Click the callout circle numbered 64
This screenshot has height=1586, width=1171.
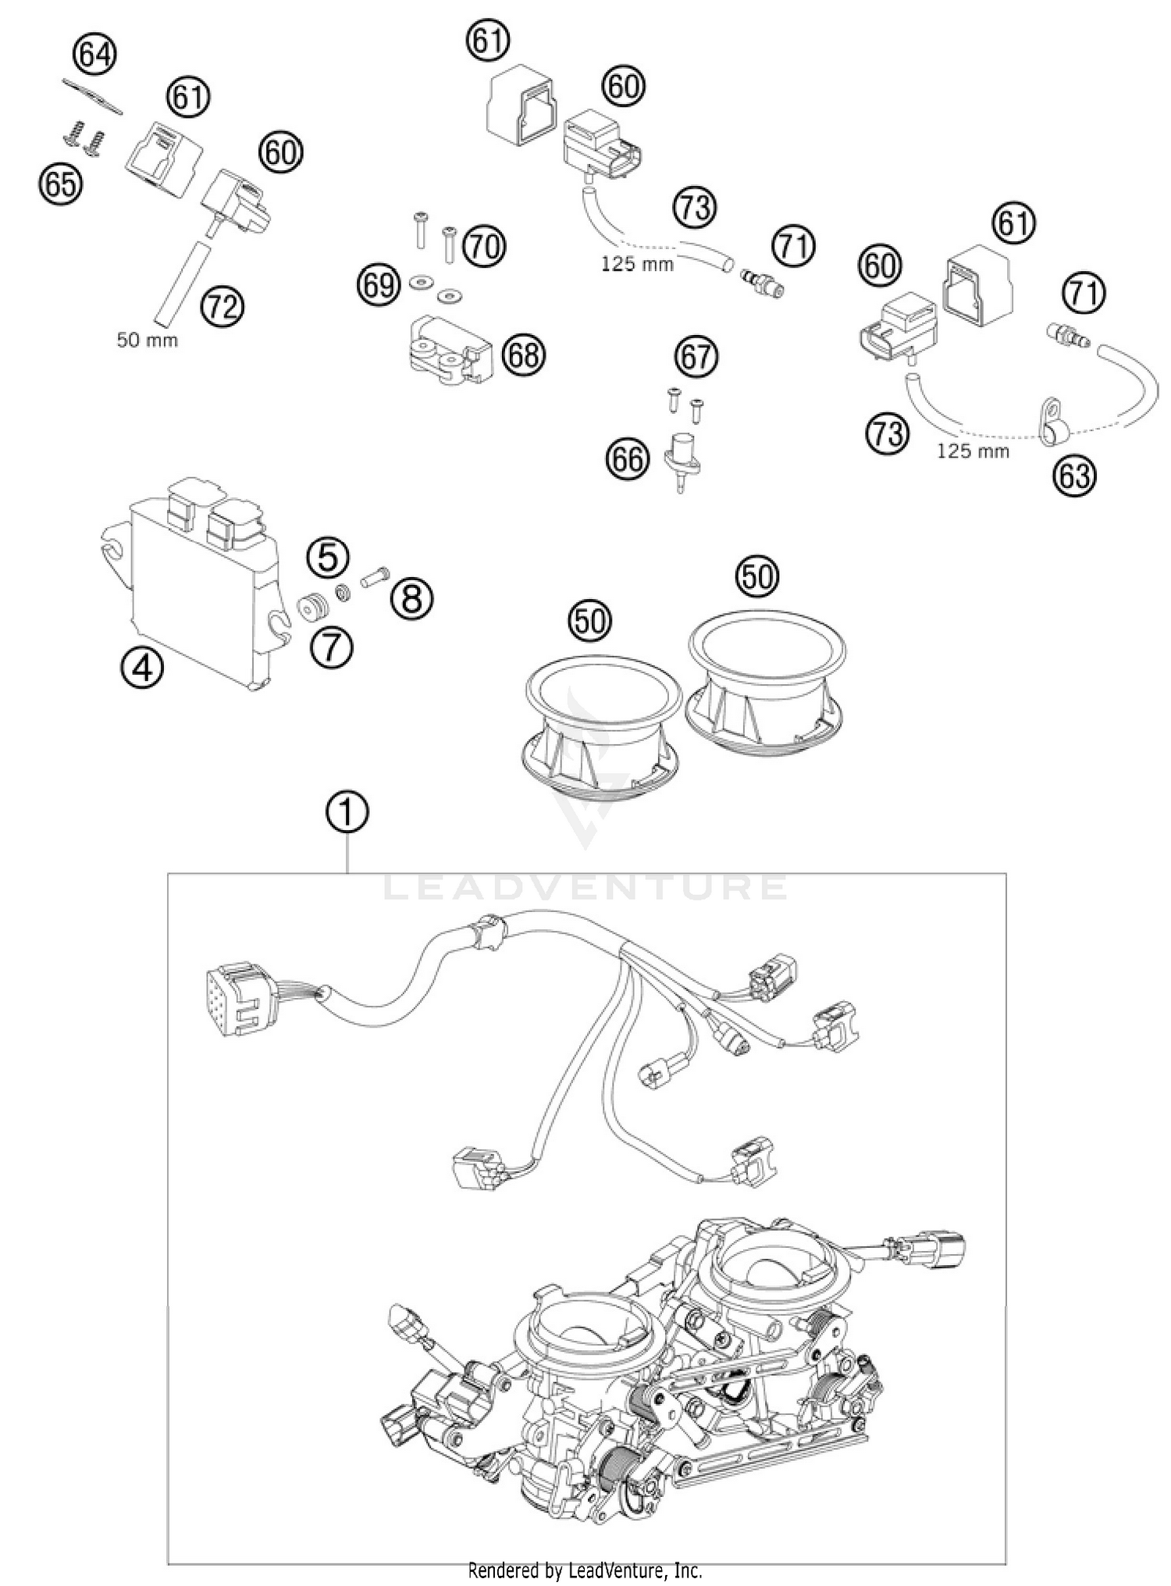94,56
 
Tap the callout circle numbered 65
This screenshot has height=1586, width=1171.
61,184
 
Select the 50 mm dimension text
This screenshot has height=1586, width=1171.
147,340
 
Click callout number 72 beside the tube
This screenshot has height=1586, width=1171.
222,307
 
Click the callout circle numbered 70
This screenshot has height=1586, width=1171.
484,248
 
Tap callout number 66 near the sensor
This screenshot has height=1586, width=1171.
628,459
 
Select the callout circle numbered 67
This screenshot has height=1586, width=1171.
696,357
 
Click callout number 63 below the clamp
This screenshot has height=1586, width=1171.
1074,475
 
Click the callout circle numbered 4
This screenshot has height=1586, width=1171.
142,669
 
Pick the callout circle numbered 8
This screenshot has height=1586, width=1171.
411,599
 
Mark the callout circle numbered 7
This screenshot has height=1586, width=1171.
331,648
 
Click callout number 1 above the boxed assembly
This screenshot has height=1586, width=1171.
347,813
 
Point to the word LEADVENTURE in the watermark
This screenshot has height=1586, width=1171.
585,887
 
